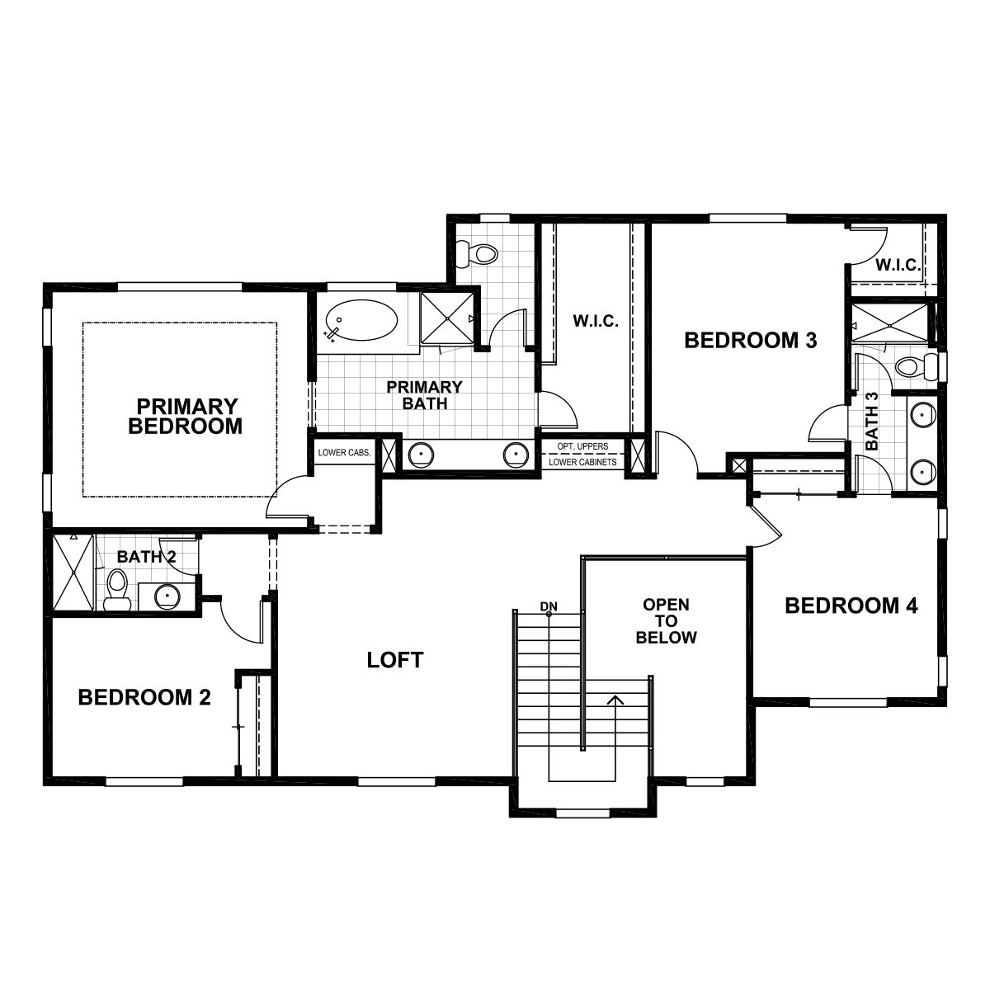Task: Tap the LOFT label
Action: (395, 659)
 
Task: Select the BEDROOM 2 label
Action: (144, 698)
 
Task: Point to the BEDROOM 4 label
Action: (851, 606)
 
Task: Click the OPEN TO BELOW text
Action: (666, 620)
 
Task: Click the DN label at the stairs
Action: (549, 607)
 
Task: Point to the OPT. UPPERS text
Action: (582, 446)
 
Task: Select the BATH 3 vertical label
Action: (871, 421)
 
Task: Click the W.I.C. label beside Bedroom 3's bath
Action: (898, 266)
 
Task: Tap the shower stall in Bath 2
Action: (73, 573)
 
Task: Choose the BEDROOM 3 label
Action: (750, 339)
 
